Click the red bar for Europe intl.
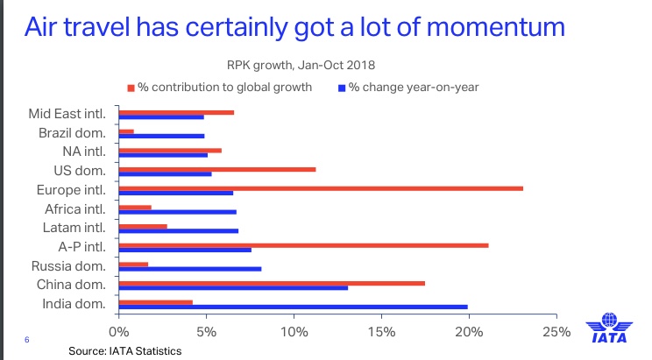click(321, 188)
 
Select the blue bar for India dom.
click(293, 307)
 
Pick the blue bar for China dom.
click(233, 287)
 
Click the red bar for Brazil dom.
click(126, 131)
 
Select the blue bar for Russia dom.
click(189, 268)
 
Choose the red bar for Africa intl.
click(135, 207)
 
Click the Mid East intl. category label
click(67, 113)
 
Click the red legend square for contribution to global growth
click(131, 88)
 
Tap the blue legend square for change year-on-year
click(342, 88)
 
